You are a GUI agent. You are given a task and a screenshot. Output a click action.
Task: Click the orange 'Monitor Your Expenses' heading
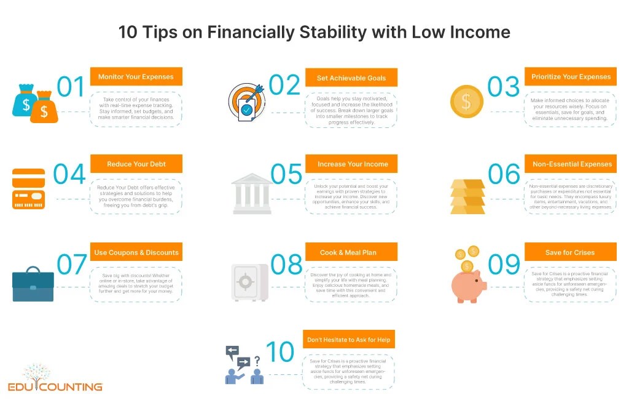[136, 77]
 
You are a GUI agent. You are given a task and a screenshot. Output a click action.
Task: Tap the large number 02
[284, 85]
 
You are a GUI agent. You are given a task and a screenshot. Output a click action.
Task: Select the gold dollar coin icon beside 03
[466, 101]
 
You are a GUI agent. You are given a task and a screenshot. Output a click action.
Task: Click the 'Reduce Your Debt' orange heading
[136, 164]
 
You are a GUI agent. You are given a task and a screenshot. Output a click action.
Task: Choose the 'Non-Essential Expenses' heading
[572, 164]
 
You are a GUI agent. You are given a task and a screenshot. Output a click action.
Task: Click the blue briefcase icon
[33, 285]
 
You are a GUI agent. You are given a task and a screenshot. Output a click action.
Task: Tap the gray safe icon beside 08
[249, 282]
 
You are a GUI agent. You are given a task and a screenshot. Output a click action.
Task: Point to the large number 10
[279, 352]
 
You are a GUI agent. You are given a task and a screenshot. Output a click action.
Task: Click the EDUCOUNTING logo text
[55, 386]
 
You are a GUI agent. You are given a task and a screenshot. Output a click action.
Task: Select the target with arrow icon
[246, 102]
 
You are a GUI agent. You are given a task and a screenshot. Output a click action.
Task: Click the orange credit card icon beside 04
[28, 189]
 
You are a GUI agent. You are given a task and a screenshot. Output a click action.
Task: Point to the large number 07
[72, 265]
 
